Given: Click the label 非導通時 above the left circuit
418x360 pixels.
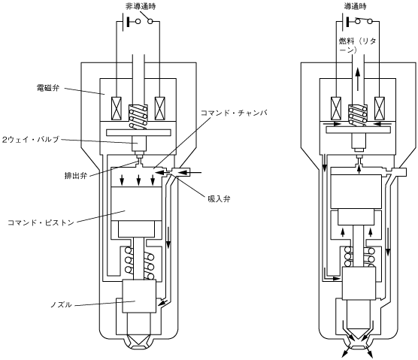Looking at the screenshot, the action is point(141,7).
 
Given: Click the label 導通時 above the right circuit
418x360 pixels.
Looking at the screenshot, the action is point(355,6).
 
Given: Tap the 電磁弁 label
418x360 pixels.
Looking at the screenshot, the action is point(48,88).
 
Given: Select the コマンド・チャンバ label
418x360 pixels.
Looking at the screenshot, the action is point(234,113).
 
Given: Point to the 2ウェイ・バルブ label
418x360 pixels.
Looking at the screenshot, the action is point(31,139).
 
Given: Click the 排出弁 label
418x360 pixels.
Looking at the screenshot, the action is point(76,176).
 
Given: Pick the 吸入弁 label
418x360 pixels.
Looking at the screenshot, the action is point(219,198).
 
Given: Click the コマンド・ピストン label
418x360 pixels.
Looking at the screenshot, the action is point(41,222).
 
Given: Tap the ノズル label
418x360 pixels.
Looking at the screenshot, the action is point(62,304).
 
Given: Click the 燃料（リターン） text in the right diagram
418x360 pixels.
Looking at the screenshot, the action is point(357,45).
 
